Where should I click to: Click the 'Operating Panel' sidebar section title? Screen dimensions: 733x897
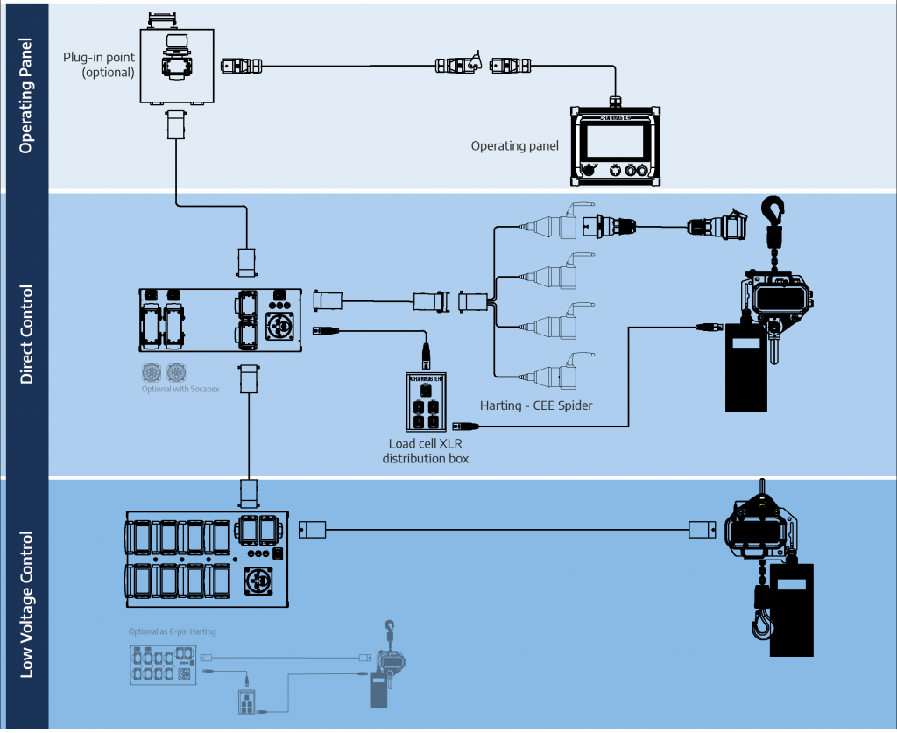click(x=25, y=95)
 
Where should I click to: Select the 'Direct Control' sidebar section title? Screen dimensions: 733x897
click(x=25, y=334)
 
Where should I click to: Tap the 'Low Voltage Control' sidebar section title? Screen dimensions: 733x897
click(x=25, y=604)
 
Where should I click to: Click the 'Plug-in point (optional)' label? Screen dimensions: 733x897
click(x=99, y=65)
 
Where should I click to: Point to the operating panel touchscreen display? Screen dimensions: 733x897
click(x=613, y=140)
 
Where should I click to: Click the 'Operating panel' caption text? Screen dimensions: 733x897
click(x=514, y=145)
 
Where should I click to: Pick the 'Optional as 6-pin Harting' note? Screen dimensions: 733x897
click(x=172, y=631)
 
